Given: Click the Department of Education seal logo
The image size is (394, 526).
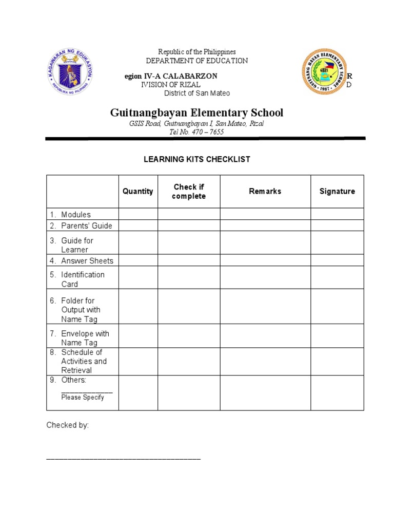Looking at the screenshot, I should (x=71, y=72).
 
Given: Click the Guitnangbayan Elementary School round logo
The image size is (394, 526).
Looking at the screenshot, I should (x=324, y=72).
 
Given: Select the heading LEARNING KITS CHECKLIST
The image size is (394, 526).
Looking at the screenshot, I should (x=197, y=159).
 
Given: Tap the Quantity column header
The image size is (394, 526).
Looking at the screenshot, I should (x=137, y=191).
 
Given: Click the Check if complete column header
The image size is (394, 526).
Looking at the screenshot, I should (x=189, y=192).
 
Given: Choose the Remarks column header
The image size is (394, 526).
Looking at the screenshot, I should (x=265, y=191).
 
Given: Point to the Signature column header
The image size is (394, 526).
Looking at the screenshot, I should (x=337, y=191).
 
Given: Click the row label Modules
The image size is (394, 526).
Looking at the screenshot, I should (x=75, y=215).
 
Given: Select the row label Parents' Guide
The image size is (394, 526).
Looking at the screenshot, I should (x=86, y=226).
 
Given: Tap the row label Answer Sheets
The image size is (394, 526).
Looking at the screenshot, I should (x=87, y=260).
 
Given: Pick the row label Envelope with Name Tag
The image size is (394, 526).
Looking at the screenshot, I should (x=85, y=338).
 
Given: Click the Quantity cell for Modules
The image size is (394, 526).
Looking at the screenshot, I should (x=138, y=214).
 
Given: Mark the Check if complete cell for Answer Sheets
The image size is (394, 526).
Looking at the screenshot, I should (x=189, y=260).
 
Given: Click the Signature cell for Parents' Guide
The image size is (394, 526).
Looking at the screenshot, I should (x=337, y=226).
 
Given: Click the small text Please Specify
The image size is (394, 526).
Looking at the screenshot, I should (x=83, y=397).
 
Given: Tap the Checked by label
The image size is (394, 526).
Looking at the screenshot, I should (x=68, y=425).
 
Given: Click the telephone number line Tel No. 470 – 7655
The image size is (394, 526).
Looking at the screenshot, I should (x=196, y=132).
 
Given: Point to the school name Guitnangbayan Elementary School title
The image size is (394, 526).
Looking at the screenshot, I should (x=196, y=112).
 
